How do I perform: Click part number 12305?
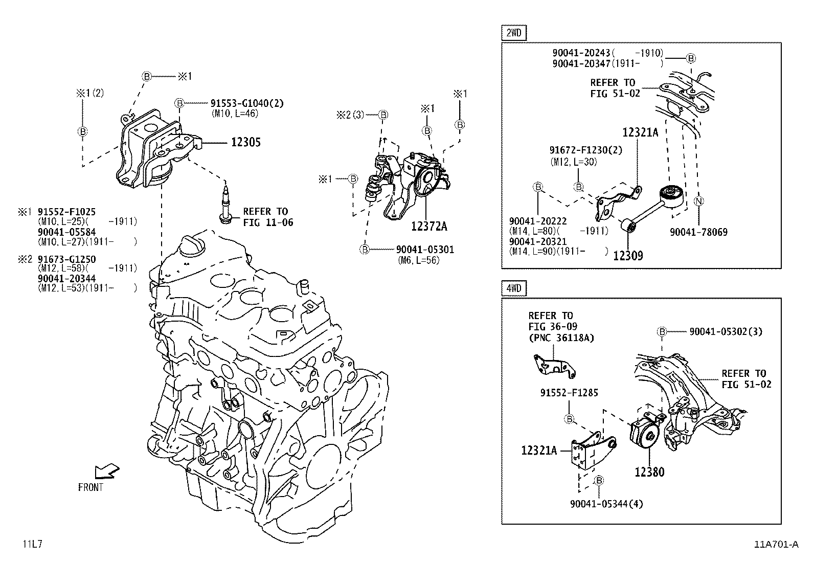(245, 142)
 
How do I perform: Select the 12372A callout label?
(429, 226)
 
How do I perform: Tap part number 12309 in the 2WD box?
(628, 255)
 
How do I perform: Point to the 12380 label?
(649, 472)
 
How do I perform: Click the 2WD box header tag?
(514, 33)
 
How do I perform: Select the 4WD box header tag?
(514, 288)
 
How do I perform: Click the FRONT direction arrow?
(107, 470)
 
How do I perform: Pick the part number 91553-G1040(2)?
(247, 103)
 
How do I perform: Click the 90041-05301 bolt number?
(425, 250)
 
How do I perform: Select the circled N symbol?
(698, 201)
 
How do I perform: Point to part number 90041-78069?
(698, 232)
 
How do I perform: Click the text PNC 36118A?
(561, 338)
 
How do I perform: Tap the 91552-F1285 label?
(569, 393)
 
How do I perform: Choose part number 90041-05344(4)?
(606, 504)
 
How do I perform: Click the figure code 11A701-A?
(776, 544)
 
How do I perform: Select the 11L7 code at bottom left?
(32, 544)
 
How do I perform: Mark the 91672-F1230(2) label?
(585, 150)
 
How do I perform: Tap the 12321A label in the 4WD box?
(539, 450)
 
